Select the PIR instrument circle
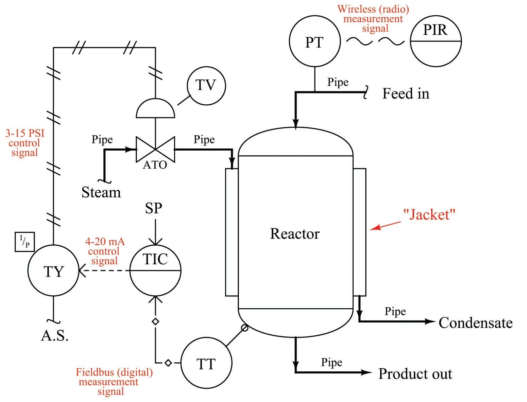tap(436, 41)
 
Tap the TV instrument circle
tap(206, 85)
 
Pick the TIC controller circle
tap(155, 270)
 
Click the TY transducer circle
tap(53, 271)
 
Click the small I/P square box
tap(25, 242)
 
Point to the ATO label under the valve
tap(155, 165)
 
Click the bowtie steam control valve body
tap(155, 149)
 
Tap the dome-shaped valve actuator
tap(155, 109)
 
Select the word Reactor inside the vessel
tap(295, 234)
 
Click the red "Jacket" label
tap(429, 215)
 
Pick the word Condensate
tap(475, 323)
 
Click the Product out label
tap(415, 374)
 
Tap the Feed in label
tap(406, 93)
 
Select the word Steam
tap(101, 192)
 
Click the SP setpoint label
tap(153, 208)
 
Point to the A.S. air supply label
tap(55, 336)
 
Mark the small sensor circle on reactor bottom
tap(244, 328)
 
